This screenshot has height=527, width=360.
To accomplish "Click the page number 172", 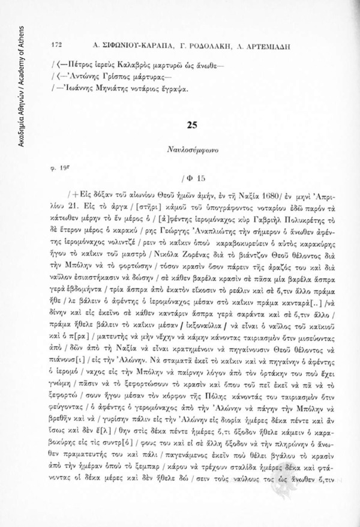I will pyautogui.click(x=58, y=45).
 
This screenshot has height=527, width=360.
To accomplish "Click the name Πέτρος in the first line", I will pyautogui.click(x=80, y=62).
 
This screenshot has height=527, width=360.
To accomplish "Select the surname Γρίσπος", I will pyautogui.click(x=107, y=76).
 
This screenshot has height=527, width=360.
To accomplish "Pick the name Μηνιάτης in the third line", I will pyautogui.click(x=109, y=89).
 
